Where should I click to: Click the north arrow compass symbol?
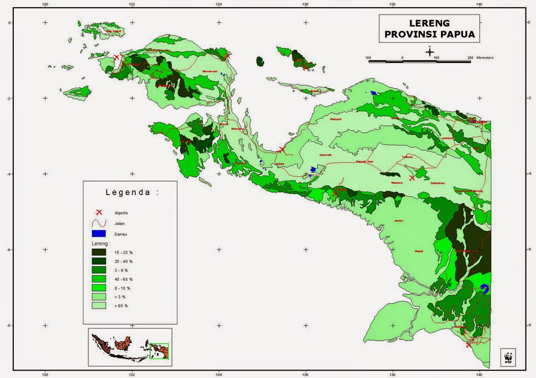pyautogui.click(x=430, y=52)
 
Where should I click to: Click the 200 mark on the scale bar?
pyautogui.click(x=470, y=57)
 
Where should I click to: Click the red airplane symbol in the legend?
pyautogui.click(x=100, y=212)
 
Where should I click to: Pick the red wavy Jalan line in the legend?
pyautogui.click(x=100, y=223)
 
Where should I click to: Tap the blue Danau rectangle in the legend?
pyautogui.click(x=100, y=233)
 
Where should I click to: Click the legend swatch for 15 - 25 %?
pyautogui.click(x=100, y=252)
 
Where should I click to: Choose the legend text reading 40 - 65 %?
pyautogui.click(x=123, y=279)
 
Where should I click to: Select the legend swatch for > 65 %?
pyautogui.click(x=100, y=306)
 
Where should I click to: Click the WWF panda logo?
pyautogui.click(x=508, y=357)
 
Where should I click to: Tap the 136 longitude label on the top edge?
pyautogui.click(x=305, y=4)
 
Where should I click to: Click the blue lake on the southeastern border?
pyautogui.click(x=484, y=289)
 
